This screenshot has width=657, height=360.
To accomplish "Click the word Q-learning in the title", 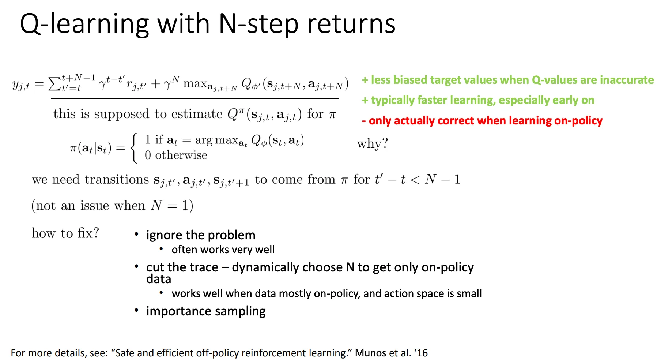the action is (84, 24).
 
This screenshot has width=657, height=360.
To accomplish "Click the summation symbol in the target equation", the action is (55, 84).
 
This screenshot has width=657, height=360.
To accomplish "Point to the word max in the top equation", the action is (195, 84).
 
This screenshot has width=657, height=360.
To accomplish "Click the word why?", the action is (372, 143).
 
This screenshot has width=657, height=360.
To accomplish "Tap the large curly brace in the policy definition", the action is (135, 148).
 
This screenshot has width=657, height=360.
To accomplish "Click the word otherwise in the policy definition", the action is (181, 155).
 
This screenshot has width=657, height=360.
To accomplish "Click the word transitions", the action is (117, 179).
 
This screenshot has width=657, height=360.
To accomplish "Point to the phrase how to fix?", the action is (65, 233).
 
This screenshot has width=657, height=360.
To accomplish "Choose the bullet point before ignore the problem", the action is (136, 234).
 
